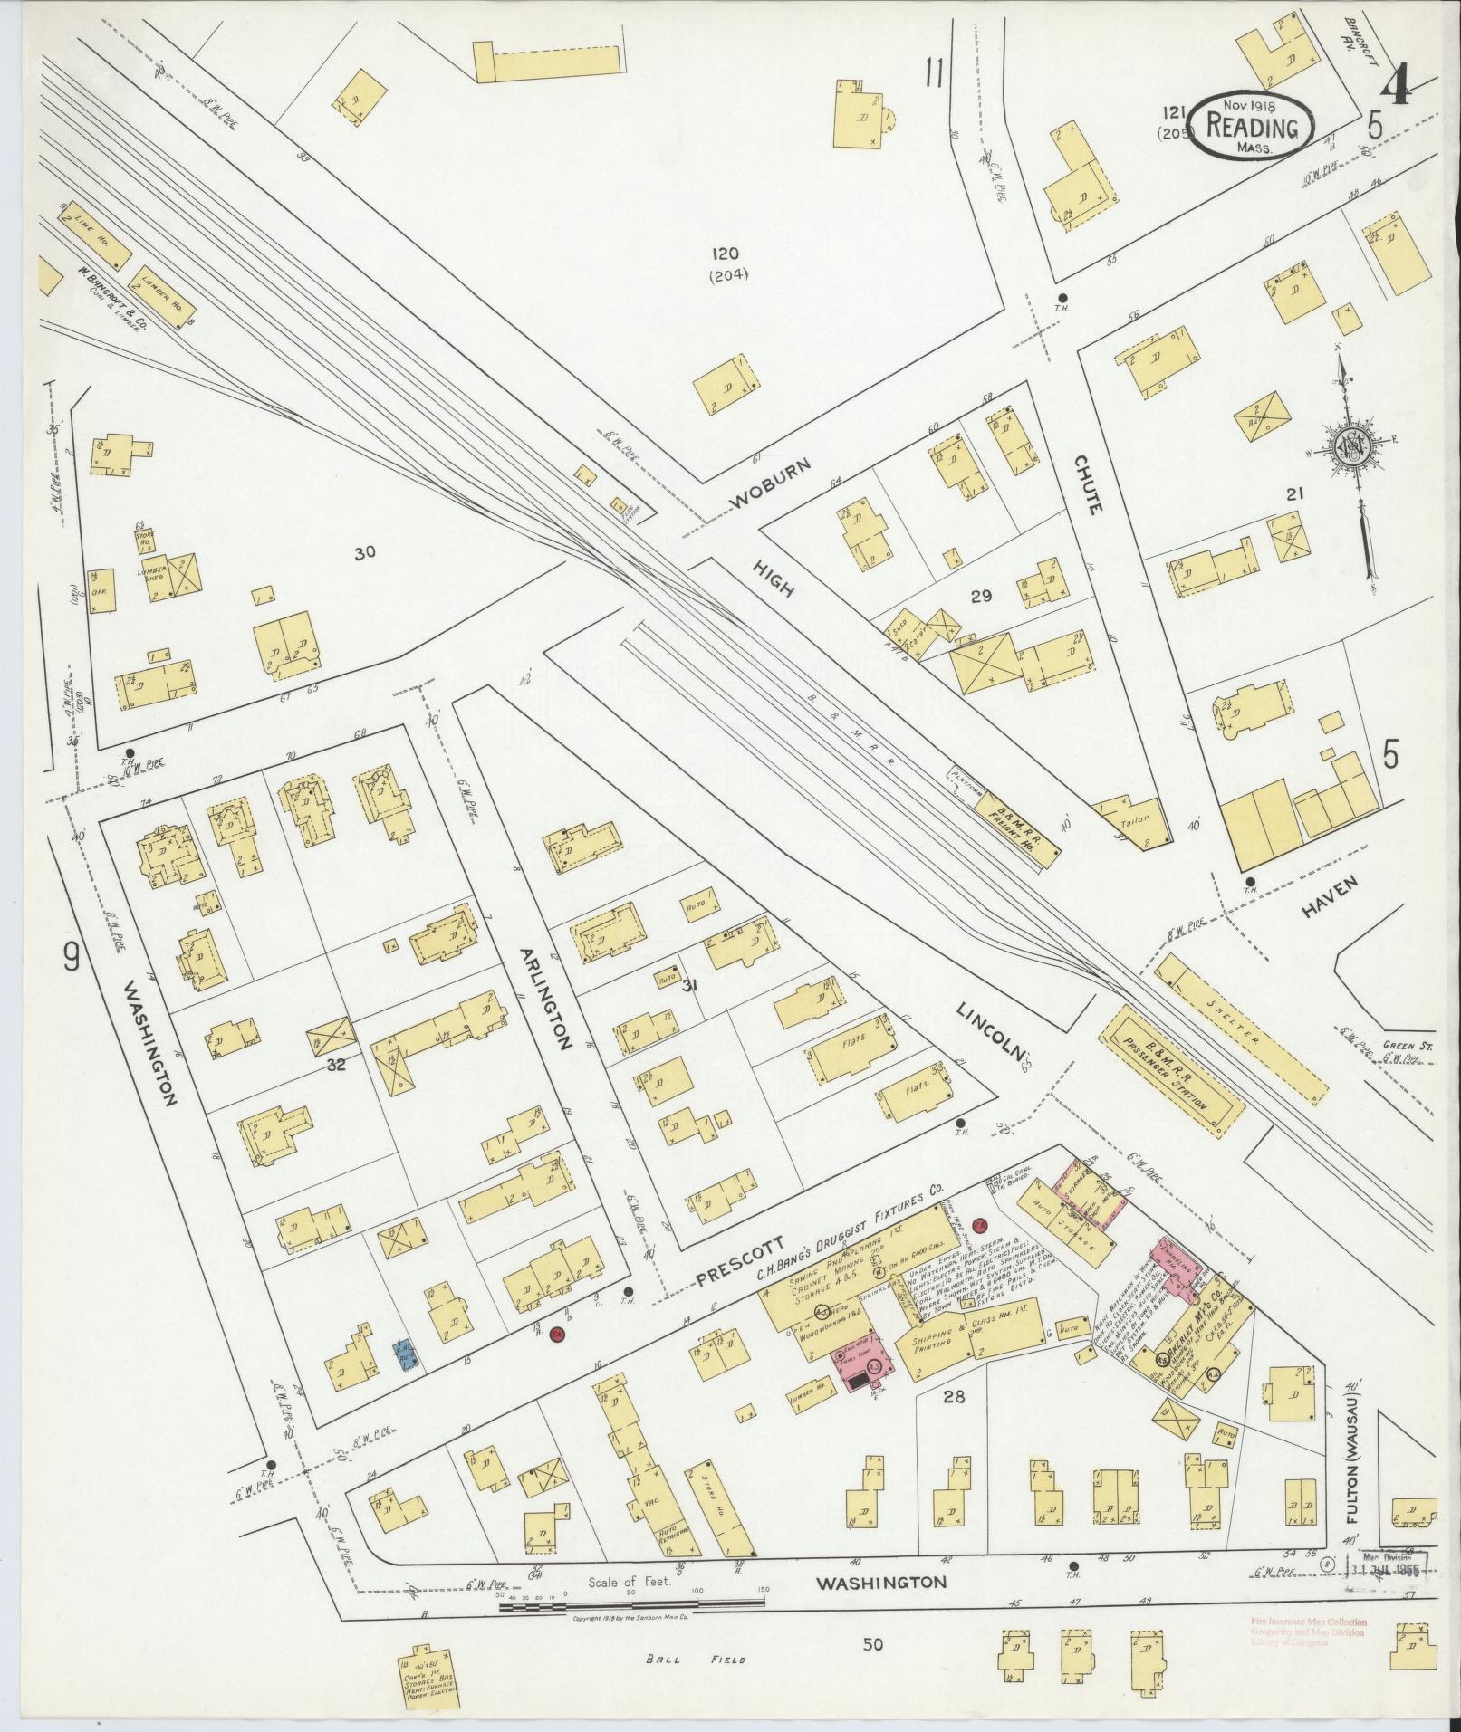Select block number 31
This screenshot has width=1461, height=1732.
(691, 986)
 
